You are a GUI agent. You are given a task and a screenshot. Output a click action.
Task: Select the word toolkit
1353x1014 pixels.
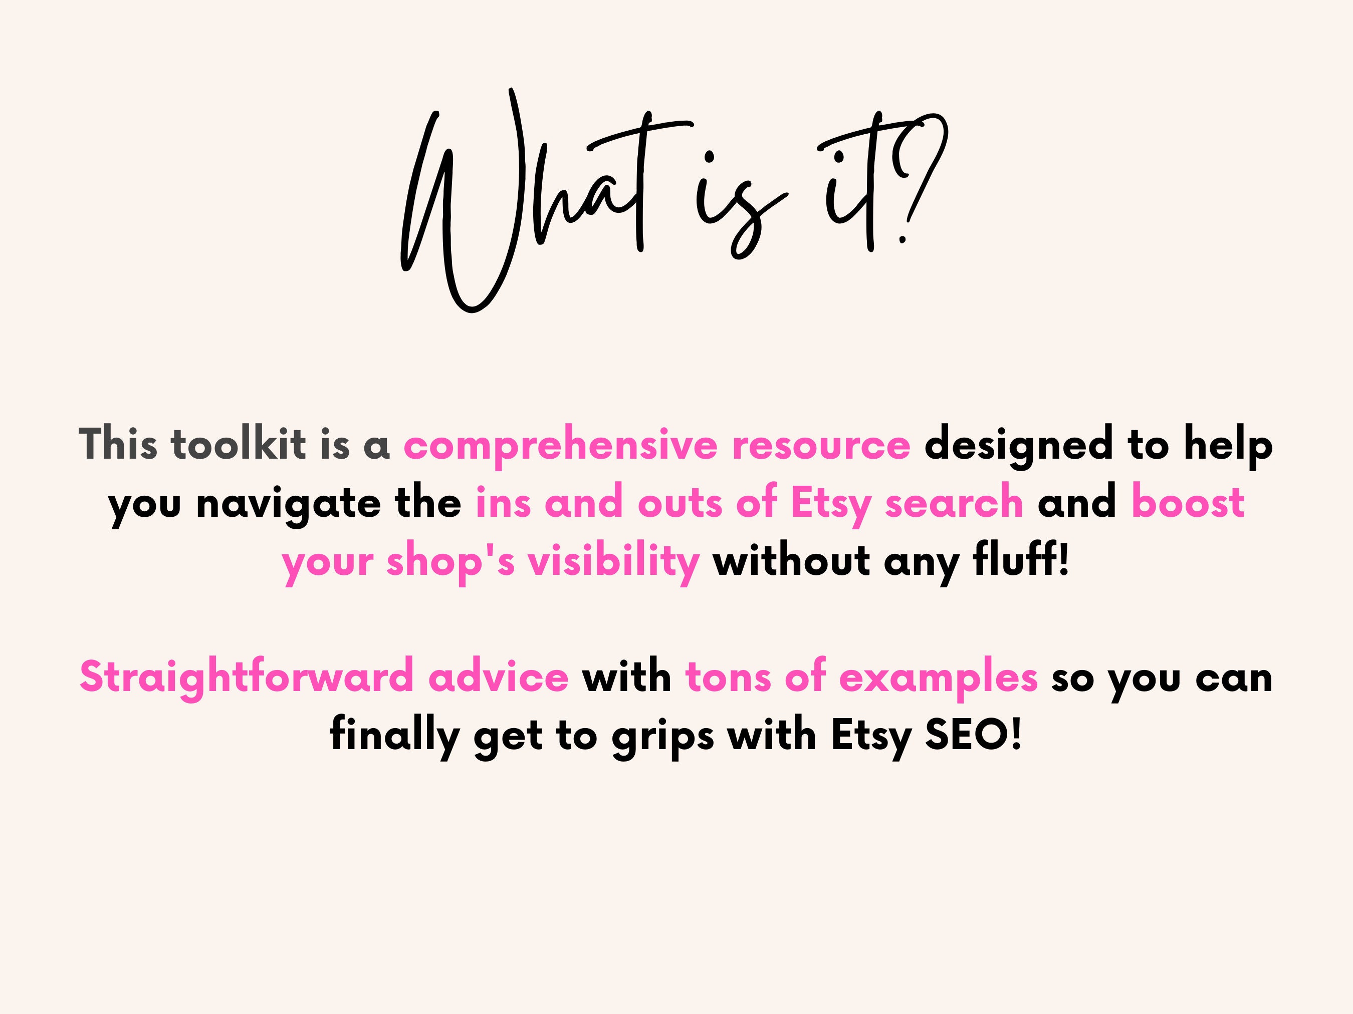239,444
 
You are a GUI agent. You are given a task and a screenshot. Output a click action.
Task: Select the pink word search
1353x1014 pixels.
954,502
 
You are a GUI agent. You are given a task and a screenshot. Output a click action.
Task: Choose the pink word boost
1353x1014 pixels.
1188,502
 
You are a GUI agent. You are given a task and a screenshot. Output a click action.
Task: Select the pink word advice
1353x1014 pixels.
499,677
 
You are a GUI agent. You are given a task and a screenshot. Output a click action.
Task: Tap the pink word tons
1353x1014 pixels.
728,677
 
